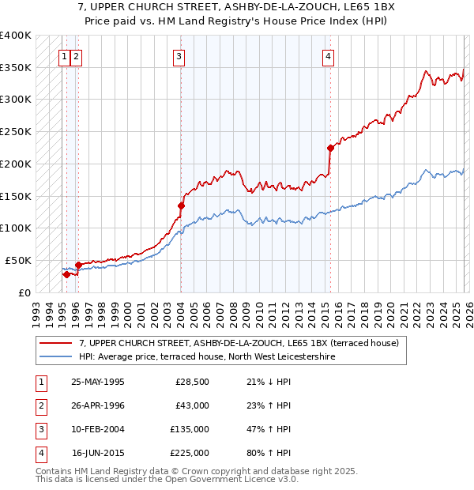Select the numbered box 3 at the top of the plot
[179, 56]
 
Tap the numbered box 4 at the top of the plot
[327, 56]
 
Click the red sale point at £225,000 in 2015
[330, 147]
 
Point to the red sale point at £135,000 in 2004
[181, 205]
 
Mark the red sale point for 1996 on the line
[78, 265]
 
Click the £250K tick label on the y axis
[16, 131]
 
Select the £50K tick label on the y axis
[18, 260]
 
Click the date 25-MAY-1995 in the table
[97, 383]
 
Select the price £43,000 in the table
[192, 405]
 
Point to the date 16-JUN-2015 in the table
[97, 453]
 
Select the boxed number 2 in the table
[40, 406]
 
